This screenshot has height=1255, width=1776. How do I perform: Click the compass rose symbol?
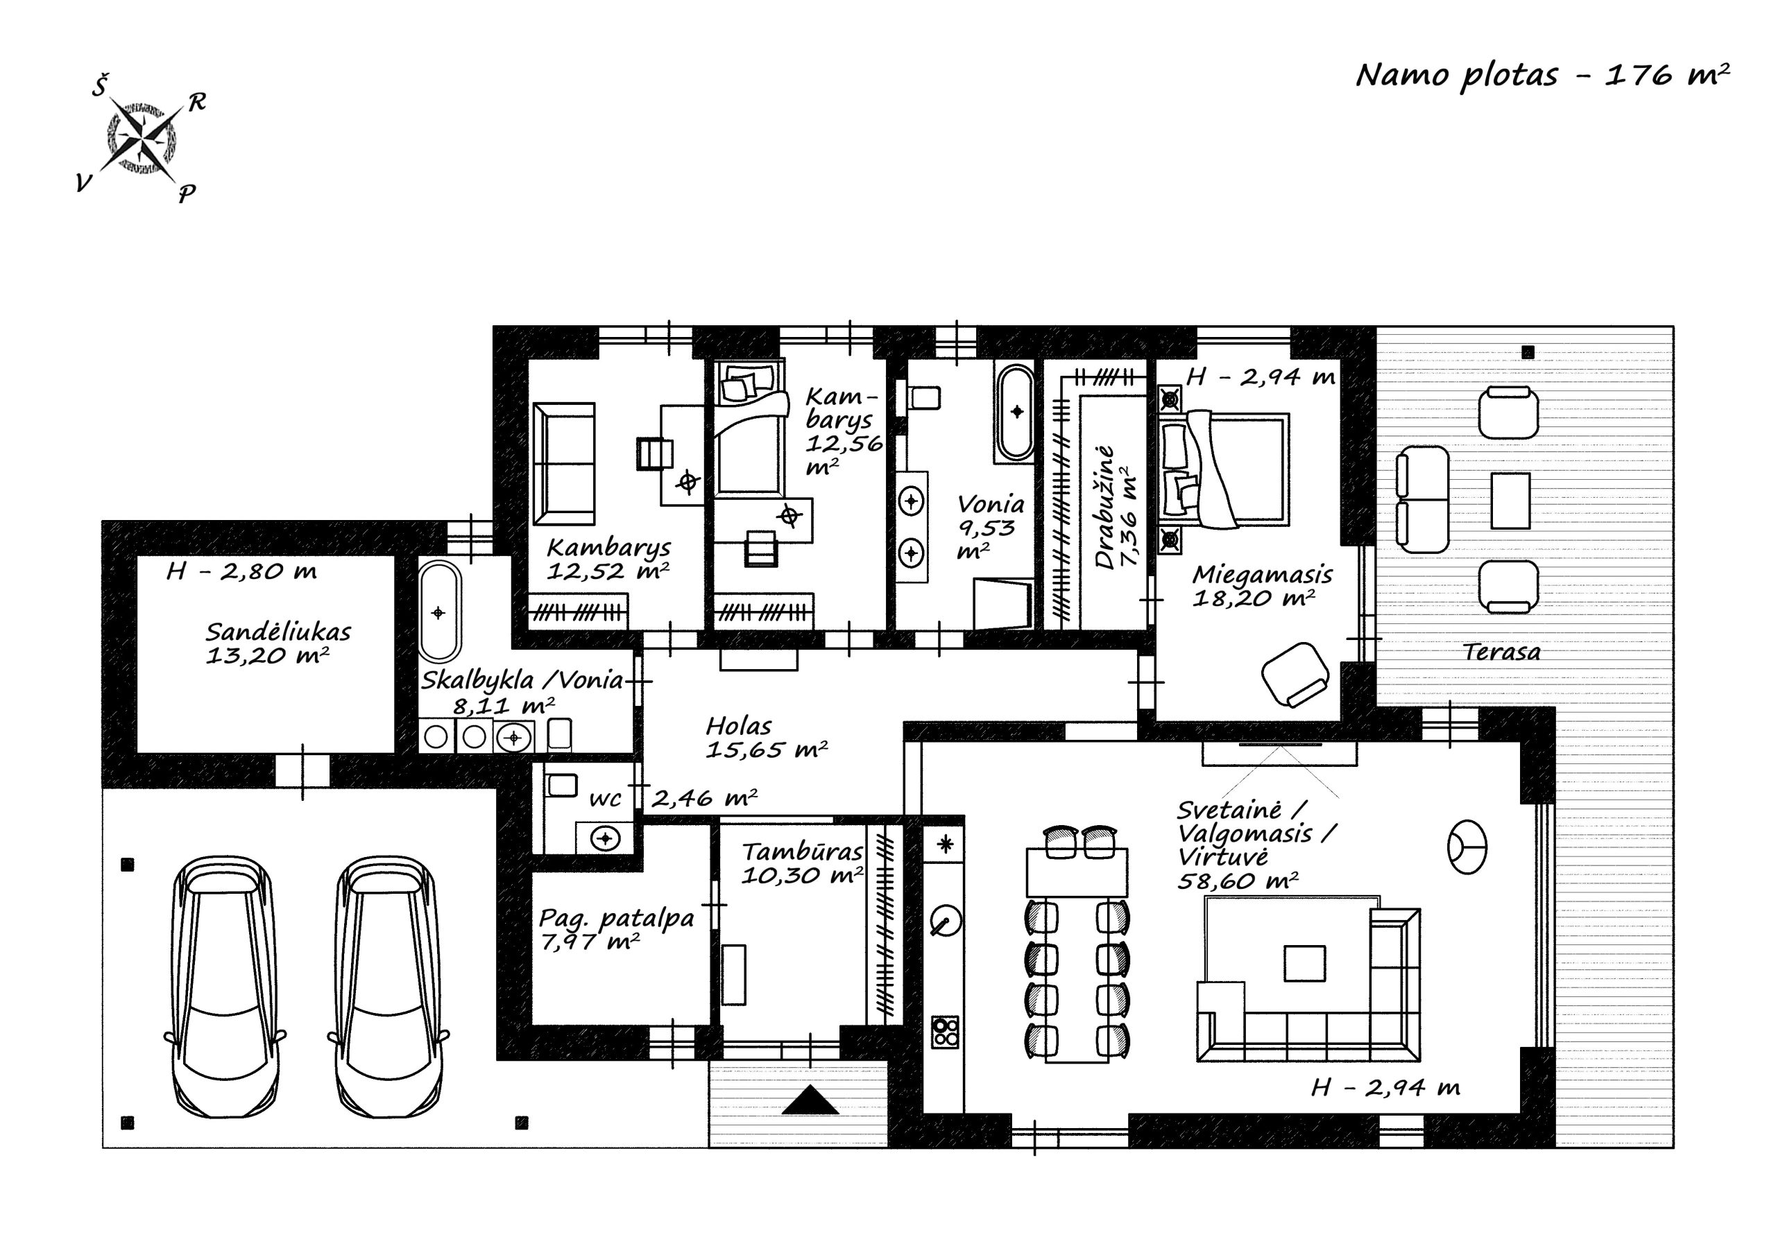[142, 139]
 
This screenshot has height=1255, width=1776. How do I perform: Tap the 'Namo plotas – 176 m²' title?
[1542, 76]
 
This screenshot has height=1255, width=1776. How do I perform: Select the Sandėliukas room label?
[277, 632]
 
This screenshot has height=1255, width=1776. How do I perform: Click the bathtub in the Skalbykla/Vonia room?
[439, 612]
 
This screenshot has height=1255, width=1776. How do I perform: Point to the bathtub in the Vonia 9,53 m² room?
[1015, 412]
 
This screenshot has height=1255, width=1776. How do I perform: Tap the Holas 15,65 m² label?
[766, 738]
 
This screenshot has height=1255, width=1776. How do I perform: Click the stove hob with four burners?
[944, 1032]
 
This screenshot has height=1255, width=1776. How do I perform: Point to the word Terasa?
[1501, 652]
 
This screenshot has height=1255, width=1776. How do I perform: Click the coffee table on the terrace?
[1510, 501]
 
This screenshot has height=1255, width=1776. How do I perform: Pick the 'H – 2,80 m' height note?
[241, 571]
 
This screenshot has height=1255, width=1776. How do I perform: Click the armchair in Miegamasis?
[1295, 674]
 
